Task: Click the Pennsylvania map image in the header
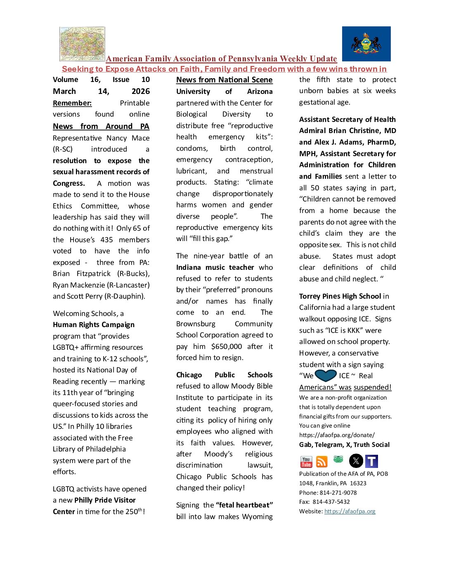tap(82, 44)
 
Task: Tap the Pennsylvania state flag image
tap(366, 44)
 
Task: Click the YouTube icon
tap(306, 462)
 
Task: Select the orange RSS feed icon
tap(321, 462)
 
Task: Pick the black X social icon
tap(356, 461)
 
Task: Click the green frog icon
tap(338, 459)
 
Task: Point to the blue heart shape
tap(326, 376)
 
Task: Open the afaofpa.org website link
tap(350, 511)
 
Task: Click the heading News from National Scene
tap(224, 80)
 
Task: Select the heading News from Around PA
tap(101, 126)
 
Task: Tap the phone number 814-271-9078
tap(338, 493)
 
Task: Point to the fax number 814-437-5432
tap(331, 502)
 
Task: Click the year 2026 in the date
tap(140, 91)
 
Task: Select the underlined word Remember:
tap(72, 103)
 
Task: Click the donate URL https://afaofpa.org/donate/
tap(337, 435)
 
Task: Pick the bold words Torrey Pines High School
tap(340, 296)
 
